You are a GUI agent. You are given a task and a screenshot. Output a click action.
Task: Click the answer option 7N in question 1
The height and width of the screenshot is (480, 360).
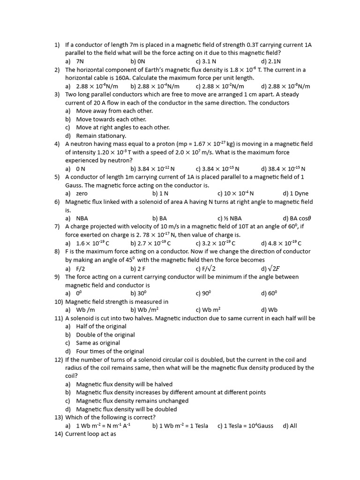coord(80,61)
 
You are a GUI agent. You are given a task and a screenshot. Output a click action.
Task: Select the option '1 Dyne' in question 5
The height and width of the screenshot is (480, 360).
coord(299,193)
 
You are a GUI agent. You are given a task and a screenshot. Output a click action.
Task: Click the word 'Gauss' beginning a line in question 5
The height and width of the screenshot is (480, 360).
coord(75,185)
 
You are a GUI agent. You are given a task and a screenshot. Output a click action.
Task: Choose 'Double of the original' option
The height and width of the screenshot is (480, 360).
coord(105,335)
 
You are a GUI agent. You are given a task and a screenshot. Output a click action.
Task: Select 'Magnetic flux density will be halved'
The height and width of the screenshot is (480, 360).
coord(124,384)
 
